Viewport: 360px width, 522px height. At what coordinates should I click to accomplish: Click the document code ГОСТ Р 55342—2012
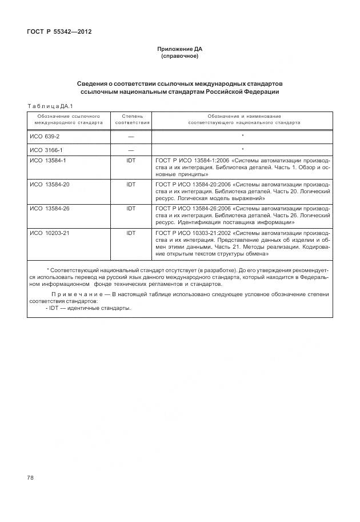59,31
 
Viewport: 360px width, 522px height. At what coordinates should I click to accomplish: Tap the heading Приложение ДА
180,49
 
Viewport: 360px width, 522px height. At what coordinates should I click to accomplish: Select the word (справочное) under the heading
180,56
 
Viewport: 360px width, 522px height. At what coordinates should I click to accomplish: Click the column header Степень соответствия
132,119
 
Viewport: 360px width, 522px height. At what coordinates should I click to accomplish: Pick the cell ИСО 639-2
44,136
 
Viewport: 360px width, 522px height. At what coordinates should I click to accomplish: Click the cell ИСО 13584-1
47,161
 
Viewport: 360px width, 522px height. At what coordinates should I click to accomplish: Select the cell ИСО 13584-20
49,185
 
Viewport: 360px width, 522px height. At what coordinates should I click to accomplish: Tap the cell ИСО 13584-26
49,209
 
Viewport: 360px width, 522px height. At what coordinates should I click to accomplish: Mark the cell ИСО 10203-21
49,233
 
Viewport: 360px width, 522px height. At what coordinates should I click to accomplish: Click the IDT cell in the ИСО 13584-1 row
131,161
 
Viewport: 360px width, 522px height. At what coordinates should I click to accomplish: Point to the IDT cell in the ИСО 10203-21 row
131,233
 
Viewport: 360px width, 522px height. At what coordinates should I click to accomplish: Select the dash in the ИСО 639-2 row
131,136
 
